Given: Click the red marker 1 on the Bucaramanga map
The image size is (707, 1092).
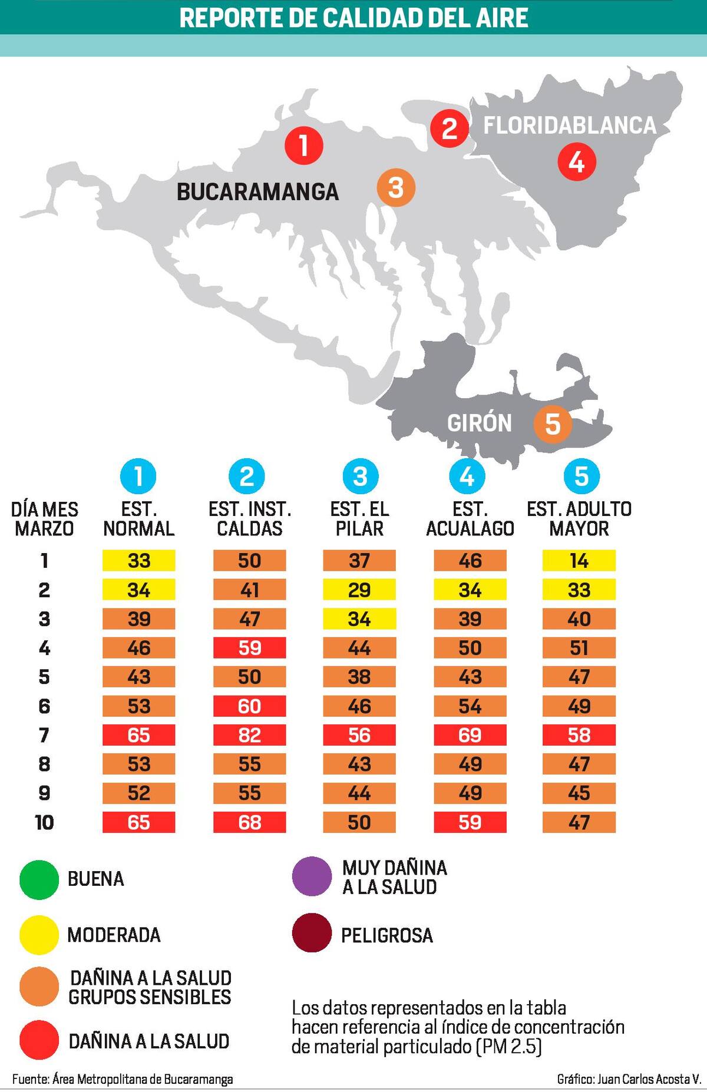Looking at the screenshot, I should point(304,145).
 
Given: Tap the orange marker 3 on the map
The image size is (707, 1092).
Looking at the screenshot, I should point(396,188).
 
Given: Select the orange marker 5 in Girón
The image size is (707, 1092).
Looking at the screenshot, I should point(553,423).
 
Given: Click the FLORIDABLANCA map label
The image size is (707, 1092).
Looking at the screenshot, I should point(570,125).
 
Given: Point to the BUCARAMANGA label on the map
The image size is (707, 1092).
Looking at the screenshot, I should point(257,192).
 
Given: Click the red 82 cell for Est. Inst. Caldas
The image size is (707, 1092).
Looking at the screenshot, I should point(249,735).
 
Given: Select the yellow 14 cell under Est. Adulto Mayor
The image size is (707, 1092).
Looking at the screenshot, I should point(579,561).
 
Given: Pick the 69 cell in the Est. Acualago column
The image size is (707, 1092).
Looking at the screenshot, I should point(470,735).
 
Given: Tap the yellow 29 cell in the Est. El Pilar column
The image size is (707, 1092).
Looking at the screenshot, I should point(359,590).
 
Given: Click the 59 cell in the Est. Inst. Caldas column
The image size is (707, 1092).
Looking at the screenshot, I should point(249,648).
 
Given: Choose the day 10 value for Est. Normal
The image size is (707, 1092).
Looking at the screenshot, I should point(138,822).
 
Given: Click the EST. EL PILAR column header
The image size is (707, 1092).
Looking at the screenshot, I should point(359,519).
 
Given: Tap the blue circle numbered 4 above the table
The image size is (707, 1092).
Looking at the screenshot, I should point(467,476).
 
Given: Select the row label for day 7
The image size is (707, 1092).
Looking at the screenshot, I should point(44,735).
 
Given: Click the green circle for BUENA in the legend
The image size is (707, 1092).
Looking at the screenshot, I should point(39,879).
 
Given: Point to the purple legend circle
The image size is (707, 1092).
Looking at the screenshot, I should point(312,876).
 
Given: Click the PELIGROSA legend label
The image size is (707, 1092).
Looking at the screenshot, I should point(386,935).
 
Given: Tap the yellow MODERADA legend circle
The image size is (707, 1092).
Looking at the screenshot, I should point(39,935).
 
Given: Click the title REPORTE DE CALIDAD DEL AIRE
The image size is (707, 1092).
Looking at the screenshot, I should point(353,18).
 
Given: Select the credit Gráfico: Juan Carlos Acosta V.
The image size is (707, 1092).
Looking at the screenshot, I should point(628,1079).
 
